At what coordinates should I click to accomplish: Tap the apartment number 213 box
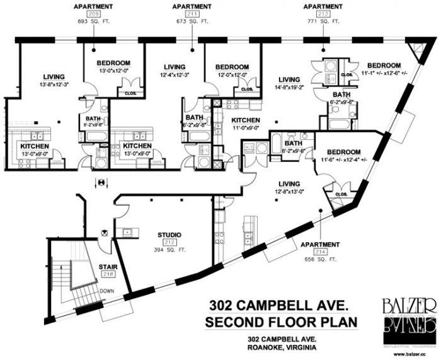click(323, 13)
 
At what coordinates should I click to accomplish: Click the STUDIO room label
click(169, 235)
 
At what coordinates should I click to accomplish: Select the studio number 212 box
click(169, 242)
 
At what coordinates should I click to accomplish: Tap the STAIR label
click(108, 267)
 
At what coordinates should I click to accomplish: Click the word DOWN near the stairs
click(106, 291)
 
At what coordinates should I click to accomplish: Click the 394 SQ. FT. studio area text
click(169, 249)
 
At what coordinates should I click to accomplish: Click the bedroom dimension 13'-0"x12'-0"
click(113, 71)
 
